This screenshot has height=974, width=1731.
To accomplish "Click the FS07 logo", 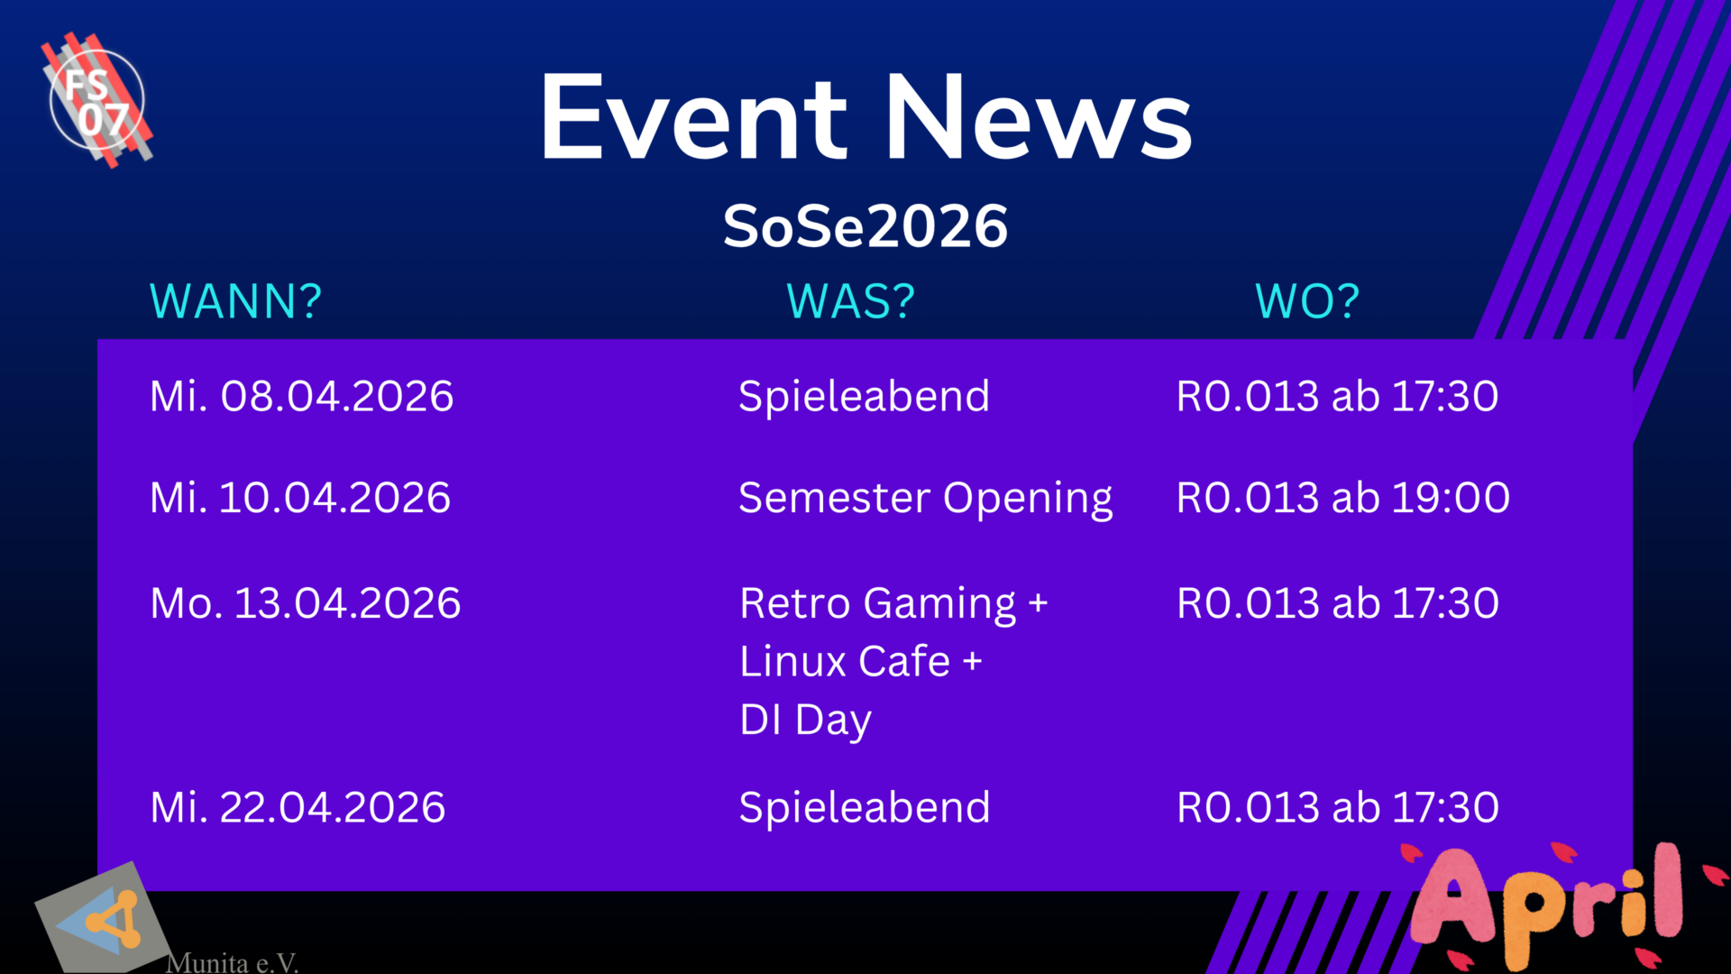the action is pos(98,100).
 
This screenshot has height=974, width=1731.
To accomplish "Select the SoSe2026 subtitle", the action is pos(865,226).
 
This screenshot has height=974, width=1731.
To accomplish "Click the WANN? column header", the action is pos(235,301).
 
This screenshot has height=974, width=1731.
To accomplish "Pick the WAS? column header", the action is pos(851,301).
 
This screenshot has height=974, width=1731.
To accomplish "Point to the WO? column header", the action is pos(1307,301).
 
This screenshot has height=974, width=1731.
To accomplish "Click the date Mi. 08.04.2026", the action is pos(302,397).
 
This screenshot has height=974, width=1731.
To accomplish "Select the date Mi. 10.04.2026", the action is pos(300,498).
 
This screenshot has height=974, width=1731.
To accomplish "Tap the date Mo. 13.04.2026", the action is pos(306,603).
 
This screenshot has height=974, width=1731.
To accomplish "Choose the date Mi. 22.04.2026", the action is pos(298,807).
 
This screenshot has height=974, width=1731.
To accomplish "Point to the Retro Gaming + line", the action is pos(893,604).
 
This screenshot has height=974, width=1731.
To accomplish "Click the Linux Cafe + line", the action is pos(861,662).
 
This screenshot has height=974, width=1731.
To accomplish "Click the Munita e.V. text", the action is pos(232,962).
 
